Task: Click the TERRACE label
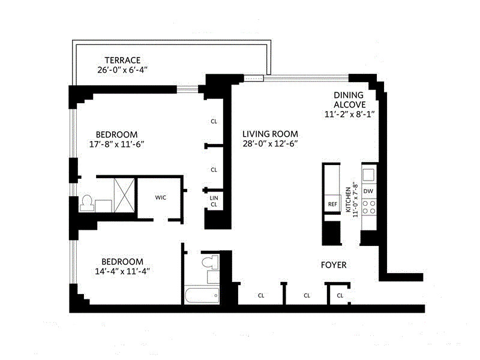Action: click(122, 60)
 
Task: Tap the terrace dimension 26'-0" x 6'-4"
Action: click(122, 70)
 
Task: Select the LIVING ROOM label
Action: click(270, 134)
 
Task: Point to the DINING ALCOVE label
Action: click(349, 100)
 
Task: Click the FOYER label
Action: click(334, 265)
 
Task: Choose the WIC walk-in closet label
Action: click(160, 197)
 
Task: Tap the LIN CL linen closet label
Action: click(214, 201)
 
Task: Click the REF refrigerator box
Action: click(332, 203)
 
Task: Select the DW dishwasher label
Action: click(368, 191)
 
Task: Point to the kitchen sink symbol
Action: click(368, 175)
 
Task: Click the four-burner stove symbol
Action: click(369, 207)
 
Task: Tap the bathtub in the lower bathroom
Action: click(202, 295)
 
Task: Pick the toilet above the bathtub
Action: click(211, 263)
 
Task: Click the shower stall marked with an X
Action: click(124, 196)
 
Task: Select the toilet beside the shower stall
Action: click(87, 203)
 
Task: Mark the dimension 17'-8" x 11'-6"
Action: click(116, 144)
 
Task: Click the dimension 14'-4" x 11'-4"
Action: click(122, 271)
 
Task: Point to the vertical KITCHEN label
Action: click(348, 200)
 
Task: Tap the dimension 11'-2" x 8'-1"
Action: click(349, 114)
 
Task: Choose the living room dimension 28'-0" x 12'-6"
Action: click(270, 143)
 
